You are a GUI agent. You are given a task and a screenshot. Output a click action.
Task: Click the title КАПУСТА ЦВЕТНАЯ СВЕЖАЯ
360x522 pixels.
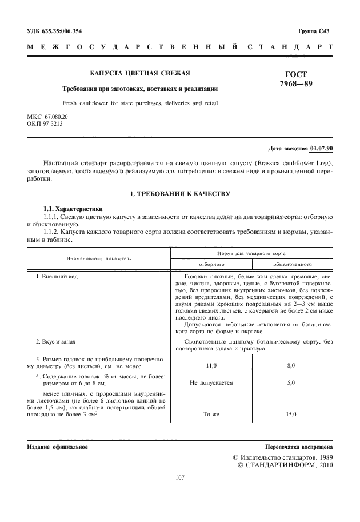coord(140,73)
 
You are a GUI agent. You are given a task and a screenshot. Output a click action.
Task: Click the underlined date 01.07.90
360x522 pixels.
coord(321,148)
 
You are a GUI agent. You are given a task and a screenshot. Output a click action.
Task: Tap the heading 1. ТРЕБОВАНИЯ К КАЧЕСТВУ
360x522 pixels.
coord(180,194)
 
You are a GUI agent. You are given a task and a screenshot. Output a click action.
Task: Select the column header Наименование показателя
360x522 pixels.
coord(99,258)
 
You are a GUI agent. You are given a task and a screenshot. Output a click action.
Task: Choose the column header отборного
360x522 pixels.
coord(211,265)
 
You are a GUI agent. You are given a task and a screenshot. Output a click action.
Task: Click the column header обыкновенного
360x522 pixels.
coord(291,265)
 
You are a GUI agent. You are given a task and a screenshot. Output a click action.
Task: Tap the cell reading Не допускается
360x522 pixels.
coord(211,382)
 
